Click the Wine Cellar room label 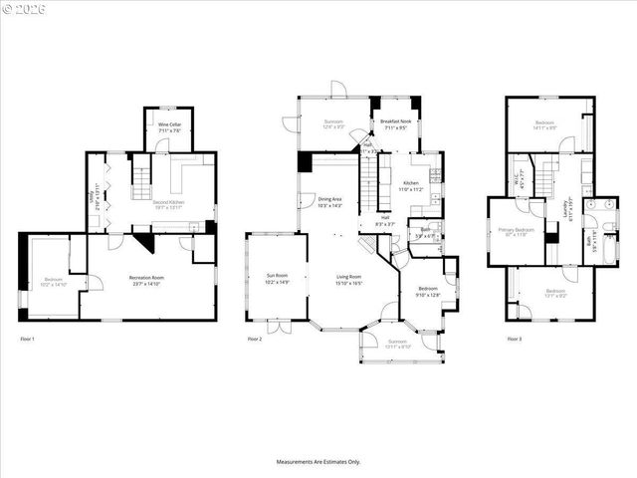tap(169, 125)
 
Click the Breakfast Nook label tap(396, 123)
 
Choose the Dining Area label tap(329, 200)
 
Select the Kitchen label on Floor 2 tap(411, 183)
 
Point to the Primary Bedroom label tap(517, 230)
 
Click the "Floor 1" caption tap(27, 340)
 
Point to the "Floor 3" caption tap(514, 340)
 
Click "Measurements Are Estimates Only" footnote tap(318, 462)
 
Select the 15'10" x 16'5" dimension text tap(347, 283)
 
